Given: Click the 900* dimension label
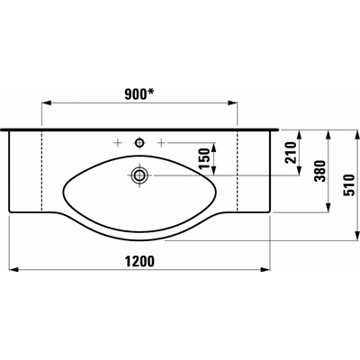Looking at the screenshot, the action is pyautogui.click(x=139, y=94).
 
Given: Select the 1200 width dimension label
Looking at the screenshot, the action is pyautogui.click(x=139, y=261).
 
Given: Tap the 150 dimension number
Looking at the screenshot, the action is pyautogui.click(x=205, y=158).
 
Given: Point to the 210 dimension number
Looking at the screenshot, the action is pyautogui.click(x=291, y=152).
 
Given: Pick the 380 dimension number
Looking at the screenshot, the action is pyautogui.click(x=319, y=171).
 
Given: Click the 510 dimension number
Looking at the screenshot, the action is pyautogui.click(x=349, y=184).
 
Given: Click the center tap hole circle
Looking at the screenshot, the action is pyautogui.click(x=139, y=143).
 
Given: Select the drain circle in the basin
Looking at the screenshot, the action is pyautogui.click(x=139, y=175).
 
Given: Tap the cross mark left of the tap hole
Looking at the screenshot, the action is pyautogui.click(x=118, y=143).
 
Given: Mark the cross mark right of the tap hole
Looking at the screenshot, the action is pyautogui.click(x=161, y=143).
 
